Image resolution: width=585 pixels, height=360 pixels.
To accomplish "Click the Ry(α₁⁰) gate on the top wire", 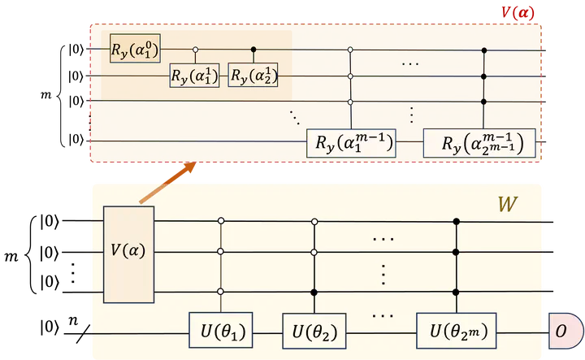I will pyautogui.click(x=136, y=50).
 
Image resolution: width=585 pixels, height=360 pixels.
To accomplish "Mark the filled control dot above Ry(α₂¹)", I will pyautogui.click(x=253, y=50).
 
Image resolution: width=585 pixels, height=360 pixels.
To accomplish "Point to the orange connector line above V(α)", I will pyautogui.click(x=167, y=183).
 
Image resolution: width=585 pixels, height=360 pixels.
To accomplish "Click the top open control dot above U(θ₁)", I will pyautogui.click(x=221, y=220).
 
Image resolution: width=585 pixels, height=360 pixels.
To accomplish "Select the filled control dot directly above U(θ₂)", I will pyautogui.click(x=314, y=291).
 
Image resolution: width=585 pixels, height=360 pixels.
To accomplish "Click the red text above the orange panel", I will pyautogui.click(x=517, y=11).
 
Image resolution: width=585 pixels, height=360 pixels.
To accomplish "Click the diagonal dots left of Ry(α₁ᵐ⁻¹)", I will pyautogui.click(x=294, y=116).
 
